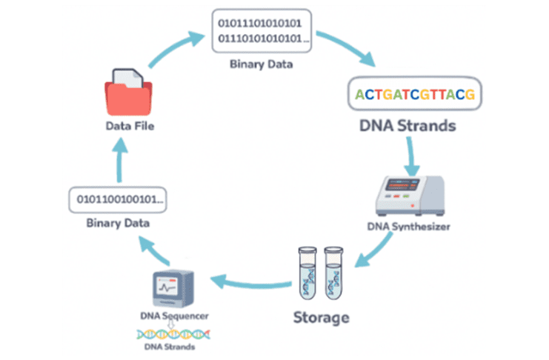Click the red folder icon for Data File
(x=129, y=94)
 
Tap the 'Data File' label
(x=129, y=127)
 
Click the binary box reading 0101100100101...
(x=117, y=199)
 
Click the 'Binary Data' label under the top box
(x=262, y=64)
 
